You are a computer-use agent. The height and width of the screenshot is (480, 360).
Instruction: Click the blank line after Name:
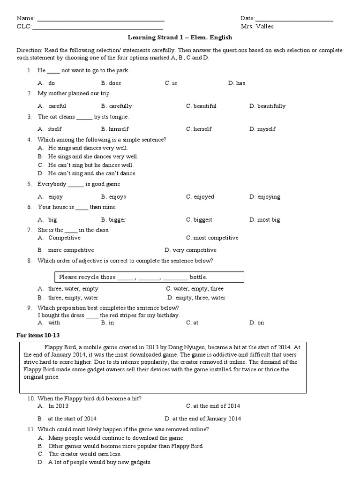pos(100,20)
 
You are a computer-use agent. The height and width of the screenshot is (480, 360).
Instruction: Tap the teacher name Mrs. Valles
pos(257,26)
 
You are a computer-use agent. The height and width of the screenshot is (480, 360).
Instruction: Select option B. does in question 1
pos(111,83)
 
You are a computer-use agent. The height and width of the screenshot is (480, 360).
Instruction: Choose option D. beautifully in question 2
pos(267,106)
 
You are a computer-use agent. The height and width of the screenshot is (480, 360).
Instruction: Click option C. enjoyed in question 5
pos(200,197)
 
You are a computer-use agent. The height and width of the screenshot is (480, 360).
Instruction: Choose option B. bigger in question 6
pos(113,219)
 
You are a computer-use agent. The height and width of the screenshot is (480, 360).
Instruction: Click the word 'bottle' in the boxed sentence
pos(198,277)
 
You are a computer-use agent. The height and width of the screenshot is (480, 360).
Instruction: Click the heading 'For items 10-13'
pos(38,335)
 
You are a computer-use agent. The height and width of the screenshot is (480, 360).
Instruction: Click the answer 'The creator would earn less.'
pos(84,454)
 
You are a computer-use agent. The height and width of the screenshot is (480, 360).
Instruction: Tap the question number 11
pos(30,429)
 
